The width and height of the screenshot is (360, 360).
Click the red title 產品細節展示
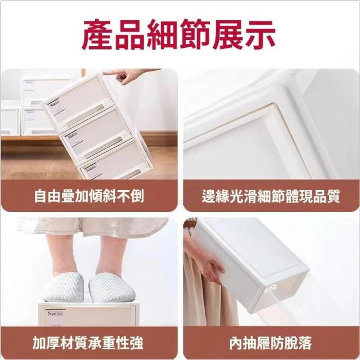178,35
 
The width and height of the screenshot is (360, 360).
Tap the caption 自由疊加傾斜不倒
89,196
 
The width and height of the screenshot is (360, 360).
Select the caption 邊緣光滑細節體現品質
271,196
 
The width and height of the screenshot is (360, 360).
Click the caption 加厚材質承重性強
88,343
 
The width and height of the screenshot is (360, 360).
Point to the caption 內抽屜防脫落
271,343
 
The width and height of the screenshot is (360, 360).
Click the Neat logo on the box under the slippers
55,313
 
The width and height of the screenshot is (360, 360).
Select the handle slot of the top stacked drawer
84,115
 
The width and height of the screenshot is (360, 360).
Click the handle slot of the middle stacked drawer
103,147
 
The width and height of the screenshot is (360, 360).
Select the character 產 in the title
97,35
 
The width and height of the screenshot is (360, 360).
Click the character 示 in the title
260,35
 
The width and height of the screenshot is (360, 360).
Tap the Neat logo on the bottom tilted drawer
90,169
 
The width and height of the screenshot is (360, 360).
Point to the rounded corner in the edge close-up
273,108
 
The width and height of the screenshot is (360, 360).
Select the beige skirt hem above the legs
92,227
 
